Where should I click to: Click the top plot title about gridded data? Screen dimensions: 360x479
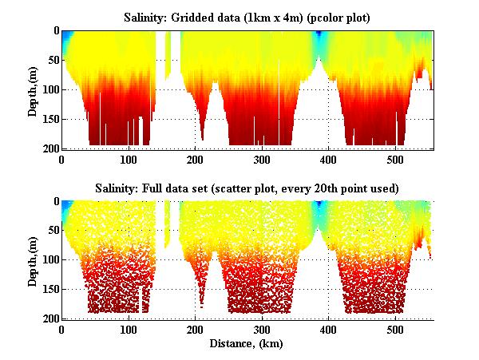click(248, 17)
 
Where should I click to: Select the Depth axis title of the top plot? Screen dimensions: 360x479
click(33, 89)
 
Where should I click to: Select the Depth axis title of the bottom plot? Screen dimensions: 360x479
click(33, 259)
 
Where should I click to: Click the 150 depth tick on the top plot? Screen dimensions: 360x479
click(49, 119)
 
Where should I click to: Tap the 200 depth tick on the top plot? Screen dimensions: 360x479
click(49, 148)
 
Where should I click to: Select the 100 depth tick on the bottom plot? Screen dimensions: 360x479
click(49, 260)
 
